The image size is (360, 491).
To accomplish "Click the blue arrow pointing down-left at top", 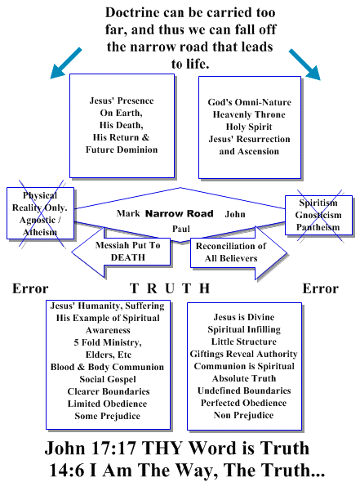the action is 66,63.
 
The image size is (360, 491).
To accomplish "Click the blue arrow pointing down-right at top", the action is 304,65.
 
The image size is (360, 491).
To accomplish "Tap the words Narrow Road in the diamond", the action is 180,213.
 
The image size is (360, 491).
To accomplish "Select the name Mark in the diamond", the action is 128,213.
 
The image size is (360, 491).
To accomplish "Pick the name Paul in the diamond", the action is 181,229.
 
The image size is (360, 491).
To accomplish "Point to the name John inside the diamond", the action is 235,214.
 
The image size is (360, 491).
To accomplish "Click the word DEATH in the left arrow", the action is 128,257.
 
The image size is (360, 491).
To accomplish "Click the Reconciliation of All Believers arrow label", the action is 231,252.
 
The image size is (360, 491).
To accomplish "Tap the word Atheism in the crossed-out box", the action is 40,232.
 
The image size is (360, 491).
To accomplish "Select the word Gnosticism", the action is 318,215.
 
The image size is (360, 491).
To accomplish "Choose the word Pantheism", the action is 318,227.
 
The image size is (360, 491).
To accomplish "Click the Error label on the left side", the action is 30,288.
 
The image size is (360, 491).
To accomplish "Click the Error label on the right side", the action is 320,288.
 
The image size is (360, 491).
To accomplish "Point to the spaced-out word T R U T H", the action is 170,288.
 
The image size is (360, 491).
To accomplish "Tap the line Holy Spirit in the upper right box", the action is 249,127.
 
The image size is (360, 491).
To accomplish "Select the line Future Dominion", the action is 122,150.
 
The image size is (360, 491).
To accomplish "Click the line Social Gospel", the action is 108,379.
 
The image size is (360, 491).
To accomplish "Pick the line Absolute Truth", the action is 244,378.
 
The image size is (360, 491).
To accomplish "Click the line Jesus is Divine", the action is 244,317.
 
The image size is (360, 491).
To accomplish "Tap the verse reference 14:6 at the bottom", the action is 66,471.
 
